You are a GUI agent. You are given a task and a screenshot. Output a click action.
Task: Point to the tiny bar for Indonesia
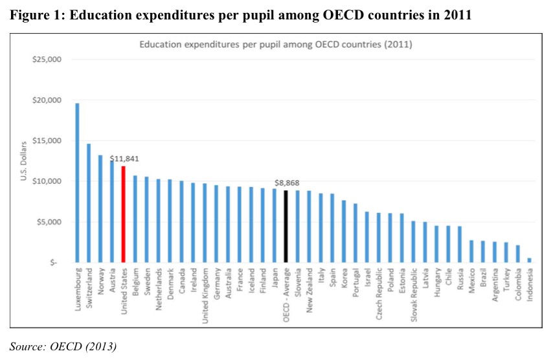tap(530, 260)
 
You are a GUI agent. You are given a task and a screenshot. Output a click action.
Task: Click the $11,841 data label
tap(124, 159)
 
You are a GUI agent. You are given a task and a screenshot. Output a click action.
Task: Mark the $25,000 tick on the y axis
tap(46, 60)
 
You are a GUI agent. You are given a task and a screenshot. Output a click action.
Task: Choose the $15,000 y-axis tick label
tap(46, 141)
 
